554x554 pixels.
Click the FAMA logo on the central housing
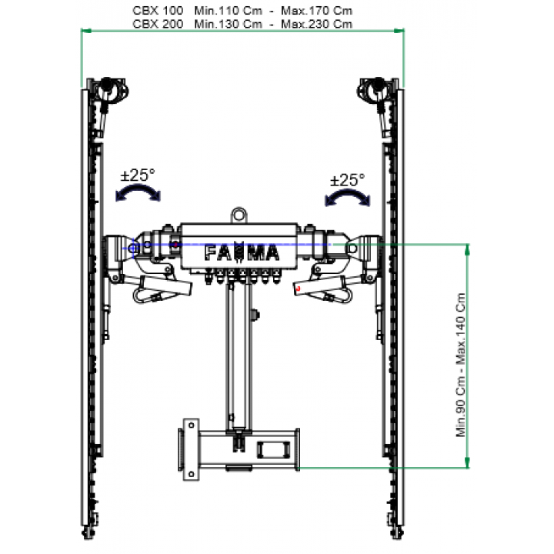[242, 252]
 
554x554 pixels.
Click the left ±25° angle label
[138, 175]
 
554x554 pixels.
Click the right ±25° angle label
[347, 180]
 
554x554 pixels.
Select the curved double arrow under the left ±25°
[138, 189]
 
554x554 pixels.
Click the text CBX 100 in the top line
[158, 11]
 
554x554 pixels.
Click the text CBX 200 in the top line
[158, 24]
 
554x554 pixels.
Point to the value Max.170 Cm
[316, 11]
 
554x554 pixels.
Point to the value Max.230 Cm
[316, 24]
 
